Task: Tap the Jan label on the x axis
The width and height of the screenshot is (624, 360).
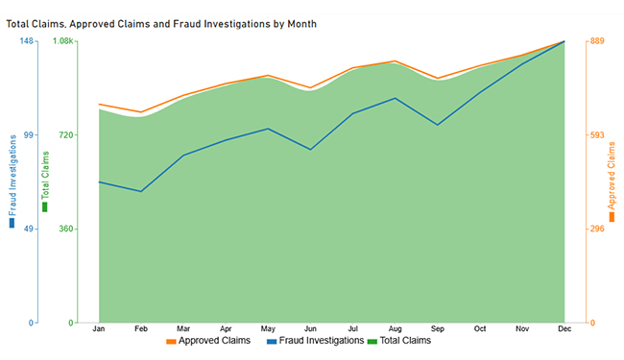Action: (x=98, y=329)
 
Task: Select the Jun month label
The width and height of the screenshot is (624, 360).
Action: (x=309, y=329)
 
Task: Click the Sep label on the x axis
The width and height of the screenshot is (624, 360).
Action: (x=437, y=329)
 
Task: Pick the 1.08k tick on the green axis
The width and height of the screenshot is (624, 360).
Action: (x=63, y=41)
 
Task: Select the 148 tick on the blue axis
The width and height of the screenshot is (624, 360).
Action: (x=27, y=41)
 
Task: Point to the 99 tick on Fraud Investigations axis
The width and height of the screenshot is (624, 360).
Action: (x=29, y=135)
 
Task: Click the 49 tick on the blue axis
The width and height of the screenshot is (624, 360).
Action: (x=29, y=229)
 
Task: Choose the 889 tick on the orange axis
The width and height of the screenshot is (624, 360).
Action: (x=597, y=41)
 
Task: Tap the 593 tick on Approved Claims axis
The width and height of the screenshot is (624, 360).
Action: (x=597, y=135)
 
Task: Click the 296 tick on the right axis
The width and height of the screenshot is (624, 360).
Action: (x=597, y=229)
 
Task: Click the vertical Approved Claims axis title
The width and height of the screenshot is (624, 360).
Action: (x=612, y=178)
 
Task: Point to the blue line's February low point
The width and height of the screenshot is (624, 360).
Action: (x=141, y=191)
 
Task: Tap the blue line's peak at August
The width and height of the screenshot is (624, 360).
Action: (x=395, y=98)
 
